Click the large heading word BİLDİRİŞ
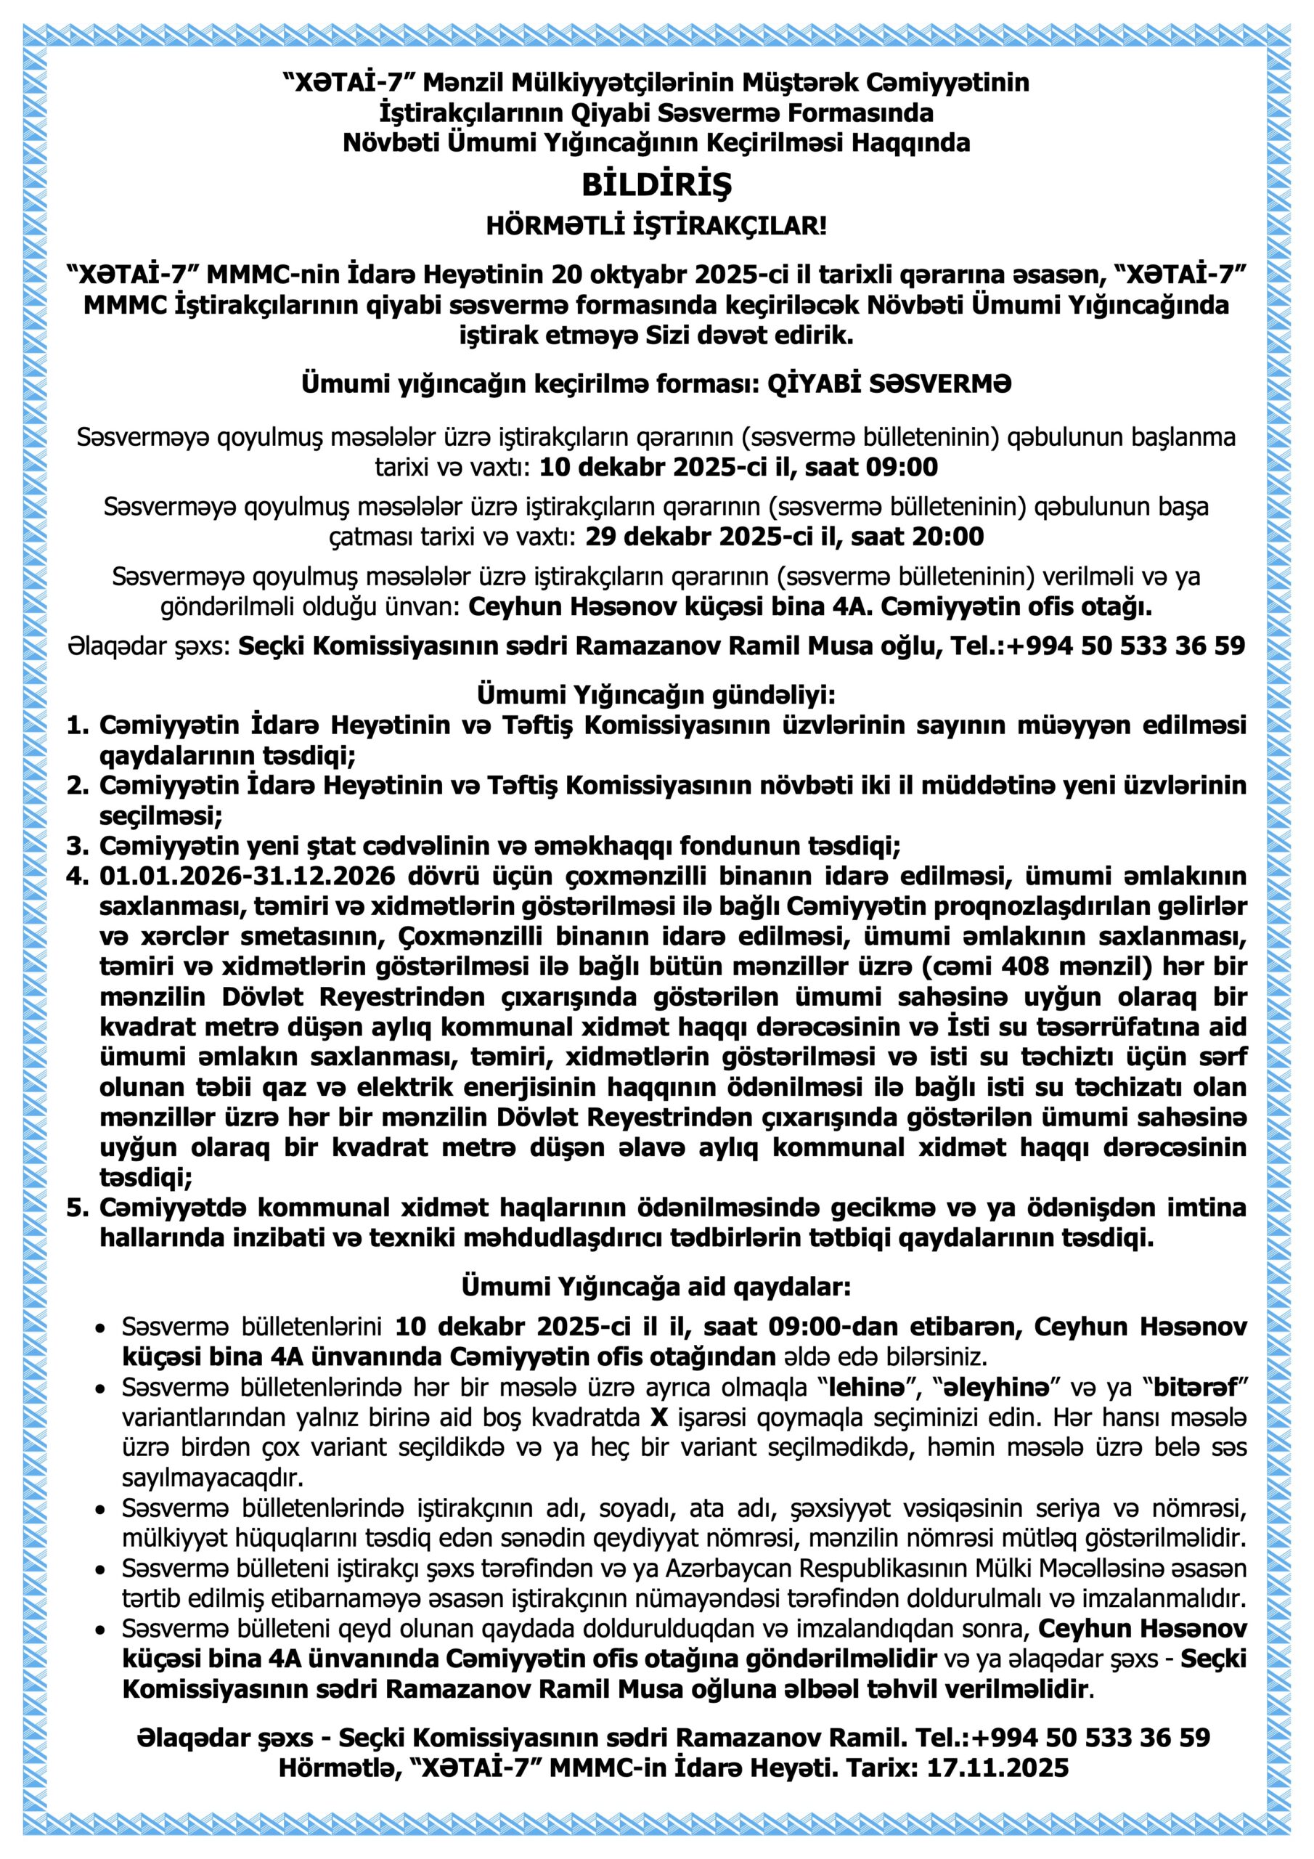(x=656, y=185)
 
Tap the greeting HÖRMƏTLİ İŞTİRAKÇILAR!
(x=656, y=225)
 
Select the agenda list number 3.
(x=77, y=846)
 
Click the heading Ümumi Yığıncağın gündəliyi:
(x=656, y=695)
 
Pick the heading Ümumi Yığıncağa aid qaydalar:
(x=656, y=1288)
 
